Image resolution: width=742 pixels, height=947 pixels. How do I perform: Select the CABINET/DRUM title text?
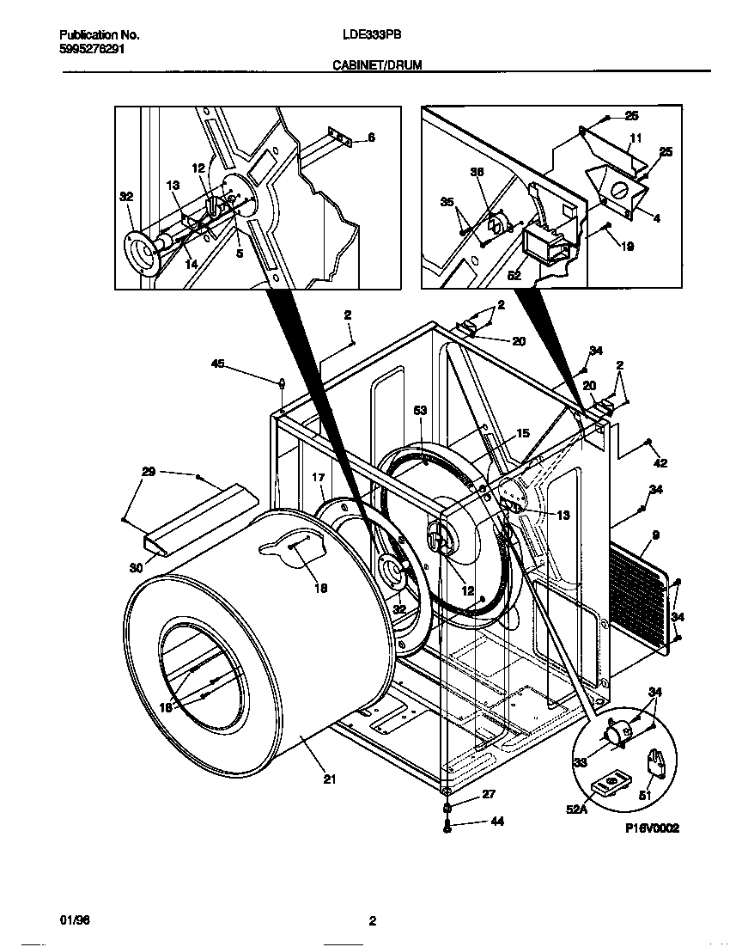(x=377, y=64)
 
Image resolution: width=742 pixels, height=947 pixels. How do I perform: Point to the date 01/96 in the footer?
(x=75, y=920)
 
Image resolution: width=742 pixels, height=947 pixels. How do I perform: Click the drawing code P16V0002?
(x=652, y=828)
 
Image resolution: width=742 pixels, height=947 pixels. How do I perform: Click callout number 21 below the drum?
(x=329, y=779)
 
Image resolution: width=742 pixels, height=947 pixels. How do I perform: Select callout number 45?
(x=218, y=363)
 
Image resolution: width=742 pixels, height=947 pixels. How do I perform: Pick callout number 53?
(x=420, y=412)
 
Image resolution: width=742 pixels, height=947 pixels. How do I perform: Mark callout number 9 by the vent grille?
(x=655, y=535)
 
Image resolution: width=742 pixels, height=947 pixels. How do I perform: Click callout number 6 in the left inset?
(x=371, y=137)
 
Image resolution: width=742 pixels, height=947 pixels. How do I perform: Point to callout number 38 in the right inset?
(x=477, y=172)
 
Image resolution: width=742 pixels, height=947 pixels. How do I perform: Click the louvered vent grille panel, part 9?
(x=640, y=591)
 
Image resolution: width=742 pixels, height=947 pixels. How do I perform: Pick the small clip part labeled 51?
(x=656, y=761)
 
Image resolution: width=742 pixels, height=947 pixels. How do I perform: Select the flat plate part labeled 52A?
(x=611, y=784)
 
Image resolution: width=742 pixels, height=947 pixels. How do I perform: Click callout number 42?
(x=660, y=464)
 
